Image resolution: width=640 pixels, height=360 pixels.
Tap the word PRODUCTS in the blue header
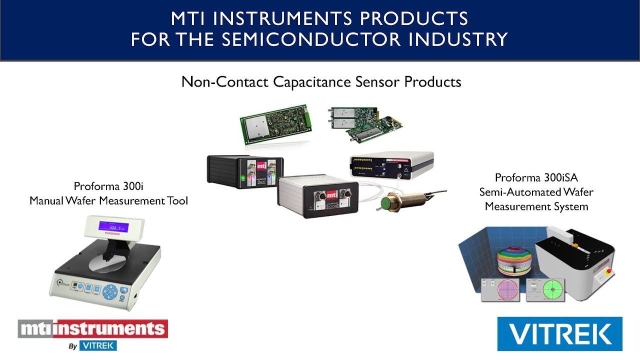pyautogui.click(x=414, y=18)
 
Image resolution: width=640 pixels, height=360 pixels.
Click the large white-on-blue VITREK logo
pyautogui.click(x=560, y=334)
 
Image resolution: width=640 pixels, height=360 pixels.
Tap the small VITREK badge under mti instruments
pyautogui.click(x=98, y=345)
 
